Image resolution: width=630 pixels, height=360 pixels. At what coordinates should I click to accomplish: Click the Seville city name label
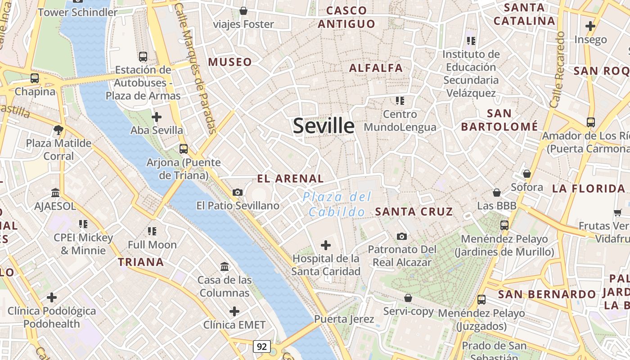(x=324, y=126)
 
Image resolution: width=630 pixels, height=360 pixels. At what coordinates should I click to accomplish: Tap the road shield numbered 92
(x=262, y=346)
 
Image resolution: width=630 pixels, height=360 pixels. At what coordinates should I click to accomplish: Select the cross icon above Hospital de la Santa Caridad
(x=325, y=245)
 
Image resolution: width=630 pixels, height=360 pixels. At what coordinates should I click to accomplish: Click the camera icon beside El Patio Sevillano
(x=238, y=193)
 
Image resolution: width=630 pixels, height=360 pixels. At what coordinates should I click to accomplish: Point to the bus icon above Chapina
(x=35, y=78)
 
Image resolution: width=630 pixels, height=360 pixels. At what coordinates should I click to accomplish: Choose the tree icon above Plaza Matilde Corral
(x=58, y=130)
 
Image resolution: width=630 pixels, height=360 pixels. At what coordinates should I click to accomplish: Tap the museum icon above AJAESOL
(x=55, y=193)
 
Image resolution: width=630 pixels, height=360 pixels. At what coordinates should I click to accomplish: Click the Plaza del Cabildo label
(x=337, y=204)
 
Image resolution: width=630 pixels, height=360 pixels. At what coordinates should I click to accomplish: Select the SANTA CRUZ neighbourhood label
(x=414, y=211)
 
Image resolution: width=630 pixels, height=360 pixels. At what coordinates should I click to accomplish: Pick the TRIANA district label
(x=141, y=262)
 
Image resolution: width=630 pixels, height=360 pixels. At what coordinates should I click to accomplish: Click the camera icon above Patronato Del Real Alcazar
(x=401, y=236)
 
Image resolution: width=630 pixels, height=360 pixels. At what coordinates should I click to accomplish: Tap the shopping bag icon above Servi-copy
(x=408, y=298)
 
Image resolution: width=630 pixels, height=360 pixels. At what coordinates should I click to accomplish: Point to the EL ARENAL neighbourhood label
(x=290, y=179)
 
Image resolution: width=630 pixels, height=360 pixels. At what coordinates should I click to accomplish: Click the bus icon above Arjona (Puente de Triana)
(x=183, y=149)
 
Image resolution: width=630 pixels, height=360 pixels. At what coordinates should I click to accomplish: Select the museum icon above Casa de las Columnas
(x=225, y=267)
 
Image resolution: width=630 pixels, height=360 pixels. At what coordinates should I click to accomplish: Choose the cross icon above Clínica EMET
(x=234, y=311)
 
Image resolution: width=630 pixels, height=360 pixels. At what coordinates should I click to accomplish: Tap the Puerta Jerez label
(x=344, y=319)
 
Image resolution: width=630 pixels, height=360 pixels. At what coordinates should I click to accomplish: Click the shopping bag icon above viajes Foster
(x=243, y=10)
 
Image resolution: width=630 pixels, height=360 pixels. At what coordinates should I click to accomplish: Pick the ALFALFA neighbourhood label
(x=376, y=68)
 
